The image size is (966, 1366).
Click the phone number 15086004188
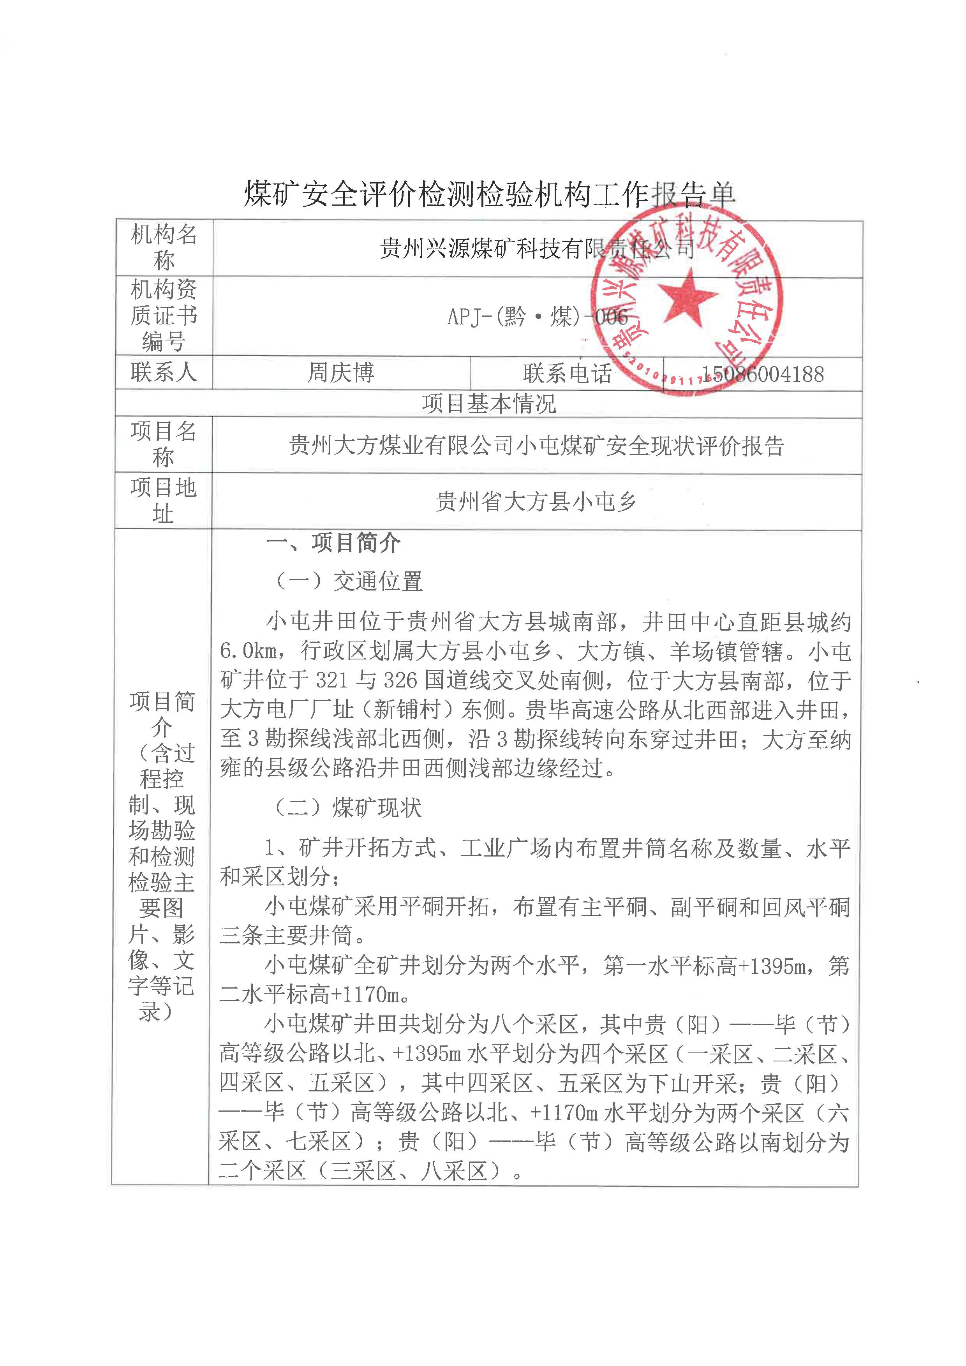(763, 374)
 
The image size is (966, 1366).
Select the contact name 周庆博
(341, 373)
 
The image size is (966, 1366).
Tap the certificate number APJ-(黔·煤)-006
(537, 317)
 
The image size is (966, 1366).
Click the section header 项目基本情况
(488, 404)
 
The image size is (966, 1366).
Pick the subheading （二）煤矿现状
(348, 807)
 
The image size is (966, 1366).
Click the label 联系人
(164, 372)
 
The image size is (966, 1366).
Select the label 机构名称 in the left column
(164, 247)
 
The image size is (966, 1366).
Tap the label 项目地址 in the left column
(164, 501)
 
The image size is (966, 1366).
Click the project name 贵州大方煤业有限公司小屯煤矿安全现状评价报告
(536, 446)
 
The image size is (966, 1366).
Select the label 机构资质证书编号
(164, 316)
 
